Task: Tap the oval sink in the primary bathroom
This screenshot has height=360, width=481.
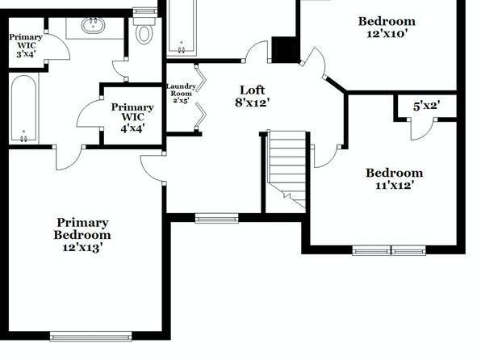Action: (94, 25)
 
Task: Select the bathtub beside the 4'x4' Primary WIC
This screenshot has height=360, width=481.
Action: (24, 109)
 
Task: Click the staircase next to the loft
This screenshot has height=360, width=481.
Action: (287, 171)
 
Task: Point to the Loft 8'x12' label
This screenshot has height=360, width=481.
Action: (252, 96)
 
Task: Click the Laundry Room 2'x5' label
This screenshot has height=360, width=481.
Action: (181, 94)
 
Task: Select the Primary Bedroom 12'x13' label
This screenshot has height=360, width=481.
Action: (82, 235)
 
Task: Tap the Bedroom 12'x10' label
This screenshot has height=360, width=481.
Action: (387, 27)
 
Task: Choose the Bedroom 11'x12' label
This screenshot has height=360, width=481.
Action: (394, 178)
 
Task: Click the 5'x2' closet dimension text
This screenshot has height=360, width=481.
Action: (426, 107)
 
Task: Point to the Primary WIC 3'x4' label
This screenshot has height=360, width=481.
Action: (26, 45)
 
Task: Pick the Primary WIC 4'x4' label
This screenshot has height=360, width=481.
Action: (132, 118)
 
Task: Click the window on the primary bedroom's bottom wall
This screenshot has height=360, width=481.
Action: (91, 336)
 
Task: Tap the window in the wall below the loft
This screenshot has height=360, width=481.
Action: (216, 218)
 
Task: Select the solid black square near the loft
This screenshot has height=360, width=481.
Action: (284, 50)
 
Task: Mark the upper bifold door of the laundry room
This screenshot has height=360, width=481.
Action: (201, 78)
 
